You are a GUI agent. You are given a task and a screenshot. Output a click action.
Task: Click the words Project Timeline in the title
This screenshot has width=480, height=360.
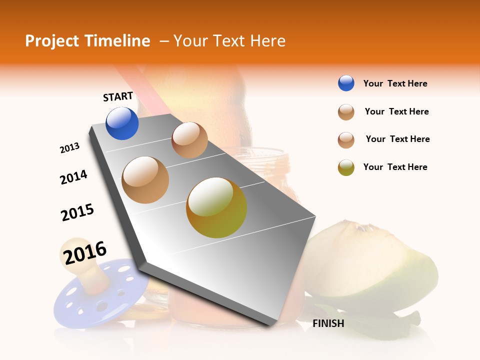coord(87,41)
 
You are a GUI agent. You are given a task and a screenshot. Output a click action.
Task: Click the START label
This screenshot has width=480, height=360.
coord(118,96)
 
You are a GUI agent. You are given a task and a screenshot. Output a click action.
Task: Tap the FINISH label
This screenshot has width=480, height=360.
coord(328,323)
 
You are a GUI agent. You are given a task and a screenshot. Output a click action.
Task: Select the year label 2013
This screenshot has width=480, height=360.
coord(69,148)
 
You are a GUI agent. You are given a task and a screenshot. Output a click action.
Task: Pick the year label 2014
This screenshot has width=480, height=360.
coord(73,177)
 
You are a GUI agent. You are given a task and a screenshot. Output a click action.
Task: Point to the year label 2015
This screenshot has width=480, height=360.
coord(77,212)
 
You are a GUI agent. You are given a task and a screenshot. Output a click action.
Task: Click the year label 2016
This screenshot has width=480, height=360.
coord(85,252)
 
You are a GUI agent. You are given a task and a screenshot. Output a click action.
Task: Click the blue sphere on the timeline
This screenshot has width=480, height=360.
coord(122,123)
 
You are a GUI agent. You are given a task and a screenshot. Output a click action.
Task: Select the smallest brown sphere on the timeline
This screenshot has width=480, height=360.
coord(189,140)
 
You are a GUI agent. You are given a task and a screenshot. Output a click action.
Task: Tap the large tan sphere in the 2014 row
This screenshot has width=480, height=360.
coord(145,180)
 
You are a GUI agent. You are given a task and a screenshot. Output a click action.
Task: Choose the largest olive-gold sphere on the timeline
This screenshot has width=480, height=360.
coord(216,207)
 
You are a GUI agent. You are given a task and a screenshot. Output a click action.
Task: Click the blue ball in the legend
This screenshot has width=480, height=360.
coord(346,83)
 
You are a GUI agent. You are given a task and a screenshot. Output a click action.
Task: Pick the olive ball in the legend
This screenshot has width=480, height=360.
coord(346,167)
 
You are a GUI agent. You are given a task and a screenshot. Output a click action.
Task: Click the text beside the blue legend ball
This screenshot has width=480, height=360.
coord(395,83)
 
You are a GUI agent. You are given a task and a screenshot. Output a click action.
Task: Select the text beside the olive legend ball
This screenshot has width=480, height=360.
coord(395,167)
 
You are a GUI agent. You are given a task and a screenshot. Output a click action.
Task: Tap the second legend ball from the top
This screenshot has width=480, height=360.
coord(346,112)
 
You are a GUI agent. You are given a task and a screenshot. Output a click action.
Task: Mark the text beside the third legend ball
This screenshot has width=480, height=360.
coord(397,139)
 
